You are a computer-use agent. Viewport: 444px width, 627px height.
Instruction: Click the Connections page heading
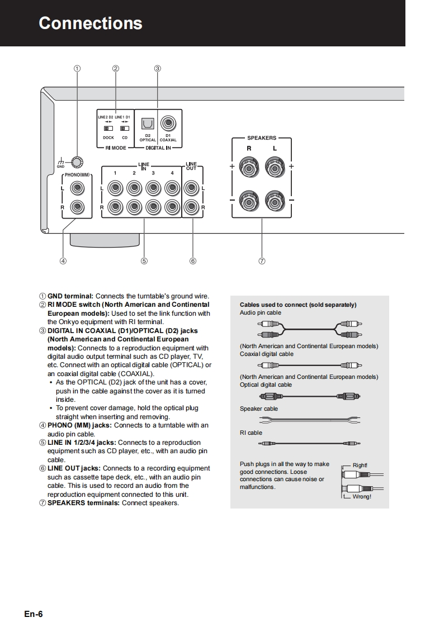click(x=91, y=23)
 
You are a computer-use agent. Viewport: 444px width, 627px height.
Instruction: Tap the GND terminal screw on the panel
click(x=78, y=162)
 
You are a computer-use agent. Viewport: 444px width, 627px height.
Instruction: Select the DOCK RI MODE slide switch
click(x=108, y=129)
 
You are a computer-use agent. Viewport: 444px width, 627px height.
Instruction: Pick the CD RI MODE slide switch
click(x=125, y=129)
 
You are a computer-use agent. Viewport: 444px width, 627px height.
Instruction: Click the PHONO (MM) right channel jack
click(x=78, y=207)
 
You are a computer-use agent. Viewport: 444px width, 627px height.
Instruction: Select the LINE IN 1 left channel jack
click(x=115, y=188)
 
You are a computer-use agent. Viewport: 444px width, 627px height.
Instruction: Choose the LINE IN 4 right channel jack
click(x=172, y=207)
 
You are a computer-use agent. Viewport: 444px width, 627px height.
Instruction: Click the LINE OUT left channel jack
click(x=192, y=188)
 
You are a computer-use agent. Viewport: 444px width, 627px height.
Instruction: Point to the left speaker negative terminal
click(x=275, y=200)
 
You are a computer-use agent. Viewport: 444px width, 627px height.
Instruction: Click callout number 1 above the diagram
click(x=77, y=69)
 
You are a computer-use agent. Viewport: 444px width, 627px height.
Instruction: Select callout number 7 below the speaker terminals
click(x=262, y=260)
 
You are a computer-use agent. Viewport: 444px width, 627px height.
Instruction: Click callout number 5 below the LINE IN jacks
click(x=144, y=260)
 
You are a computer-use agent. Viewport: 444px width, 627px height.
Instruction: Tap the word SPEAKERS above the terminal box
click(x=262, y=137)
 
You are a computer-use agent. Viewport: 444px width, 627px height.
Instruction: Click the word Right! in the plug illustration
click(x=360, y=465)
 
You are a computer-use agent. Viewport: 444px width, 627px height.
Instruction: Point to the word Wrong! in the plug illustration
click(x=361, y=497)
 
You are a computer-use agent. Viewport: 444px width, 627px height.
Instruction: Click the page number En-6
click(x=34, y=614)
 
